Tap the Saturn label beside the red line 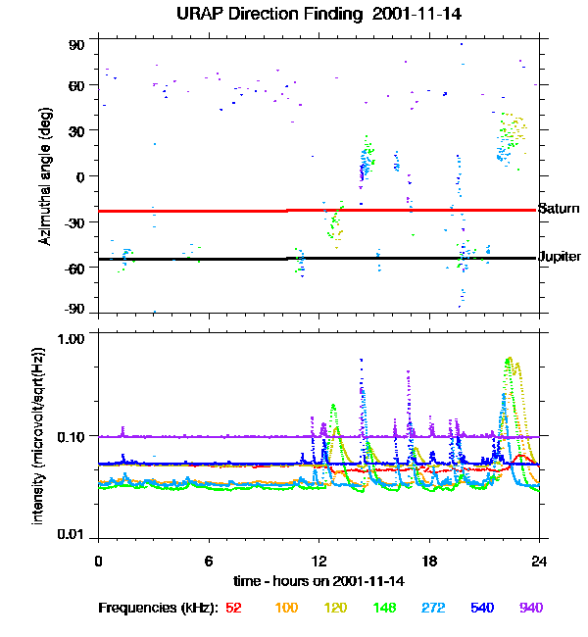coord(560,209)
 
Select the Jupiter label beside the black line coord(560,257)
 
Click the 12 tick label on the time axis coord(318,561)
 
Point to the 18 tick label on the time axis coord(429,561)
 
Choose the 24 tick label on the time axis coord(539,561)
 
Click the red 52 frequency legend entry coord(233,608)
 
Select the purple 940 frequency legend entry coord(530,608)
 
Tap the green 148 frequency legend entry coord(386,608)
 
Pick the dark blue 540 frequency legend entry coord(481,608)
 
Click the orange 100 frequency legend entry coord(286,608)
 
